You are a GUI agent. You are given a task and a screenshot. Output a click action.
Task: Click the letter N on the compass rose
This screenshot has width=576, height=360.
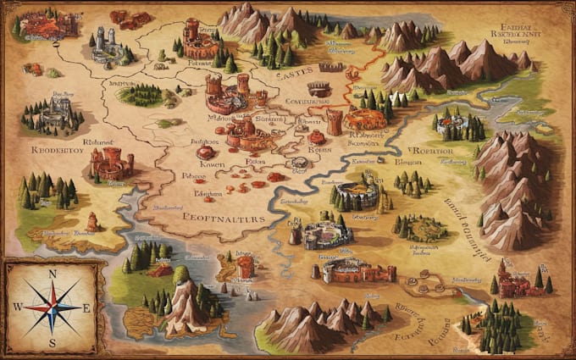[53, 274]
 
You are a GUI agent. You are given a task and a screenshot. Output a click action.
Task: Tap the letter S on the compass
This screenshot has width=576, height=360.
[53, 343]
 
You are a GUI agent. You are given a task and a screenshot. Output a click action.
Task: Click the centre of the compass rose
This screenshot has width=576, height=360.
[53, 308]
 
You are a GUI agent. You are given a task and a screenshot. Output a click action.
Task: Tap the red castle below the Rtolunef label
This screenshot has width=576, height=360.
[110, 163]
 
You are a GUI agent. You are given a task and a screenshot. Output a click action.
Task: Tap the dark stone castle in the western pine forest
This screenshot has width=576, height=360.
[56, 110]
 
